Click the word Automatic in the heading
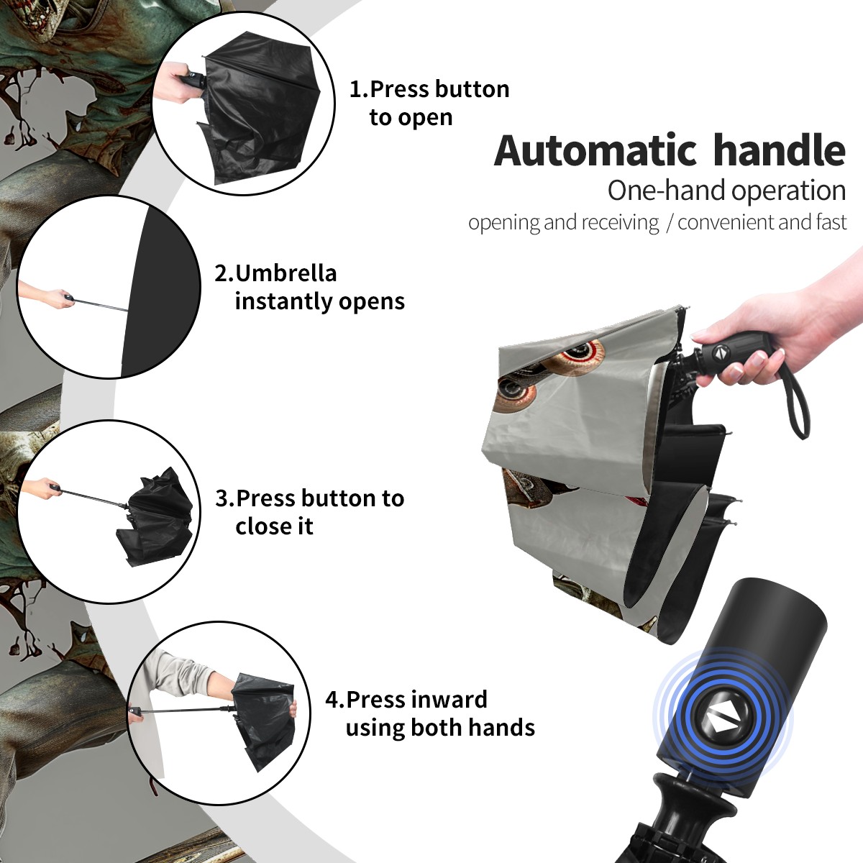(595, 150)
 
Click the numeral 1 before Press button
(355, 90)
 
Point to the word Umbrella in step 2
(286, 273)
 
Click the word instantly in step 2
(284, 301)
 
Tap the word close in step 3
(258, 526)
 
